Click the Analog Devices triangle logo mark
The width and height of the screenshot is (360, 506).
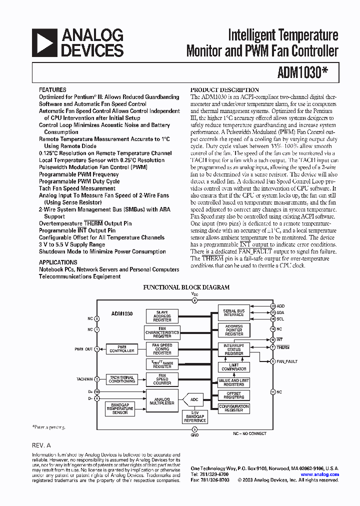coord(44,42)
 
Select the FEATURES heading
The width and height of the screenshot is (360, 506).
coord(52,90)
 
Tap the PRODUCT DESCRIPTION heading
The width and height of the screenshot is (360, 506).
coord(225,90)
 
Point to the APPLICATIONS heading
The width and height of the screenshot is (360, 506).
coord(58,262)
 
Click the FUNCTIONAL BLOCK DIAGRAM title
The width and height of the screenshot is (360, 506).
coord(186,287)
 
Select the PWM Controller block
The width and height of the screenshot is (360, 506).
coord(122,349)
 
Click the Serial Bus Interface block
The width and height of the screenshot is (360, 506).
coord(233,312)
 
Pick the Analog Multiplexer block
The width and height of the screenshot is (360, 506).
coord(162,400)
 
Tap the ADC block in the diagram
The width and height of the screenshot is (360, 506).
coord(195,399)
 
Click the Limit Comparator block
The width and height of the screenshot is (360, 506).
coord(233,367)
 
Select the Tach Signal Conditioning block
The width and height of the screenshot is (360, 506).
coord(122,379)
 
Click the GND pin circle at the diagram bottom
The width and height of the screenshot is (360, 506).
coord(195,429)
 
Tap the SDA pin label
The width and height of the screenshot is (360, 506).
coord(280,312)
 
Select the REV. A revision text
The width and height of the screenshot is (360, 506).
coord(41,445)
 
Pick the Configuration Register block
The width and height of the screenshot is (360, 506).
coord(233,408)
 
